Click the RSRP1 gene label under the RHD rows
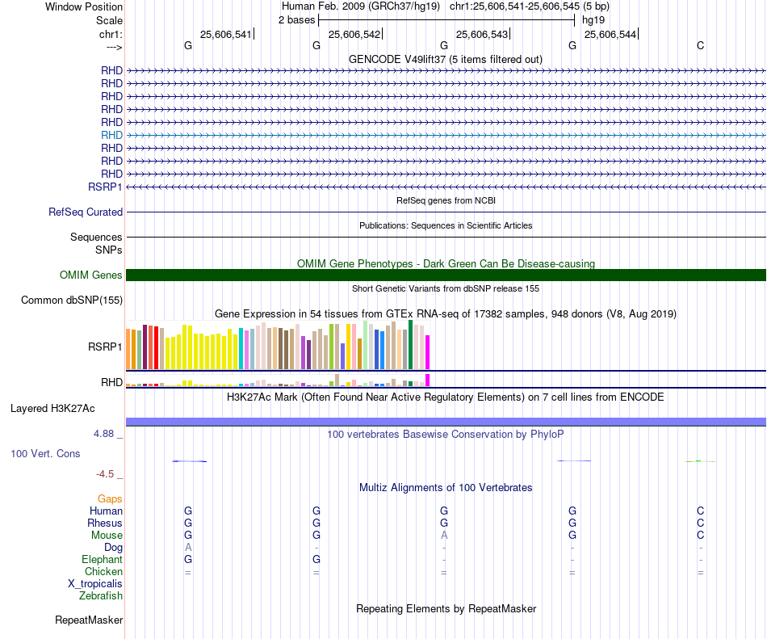[105, 187]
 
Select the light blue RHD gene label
[111, 135]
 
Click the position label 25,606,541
[226, 34]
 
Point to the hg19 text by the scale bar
[593, 19]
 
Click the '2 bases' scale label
[296, 19]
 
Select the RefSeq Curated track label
[86, 212]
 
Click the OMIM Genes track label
[91, 275]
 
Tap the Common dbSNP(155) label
[72, 301]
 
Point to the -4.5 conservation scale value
[106, 474]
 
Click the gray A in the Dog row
[188, 547]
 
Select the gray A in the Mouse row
[443, 535]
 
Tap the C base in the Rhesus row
[700, 523]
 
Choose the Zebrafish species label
[101, 596]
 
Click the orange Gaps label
[110, 498]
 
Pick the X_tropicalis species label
[95, 583]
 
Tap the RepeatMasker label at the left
[89, 620]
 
